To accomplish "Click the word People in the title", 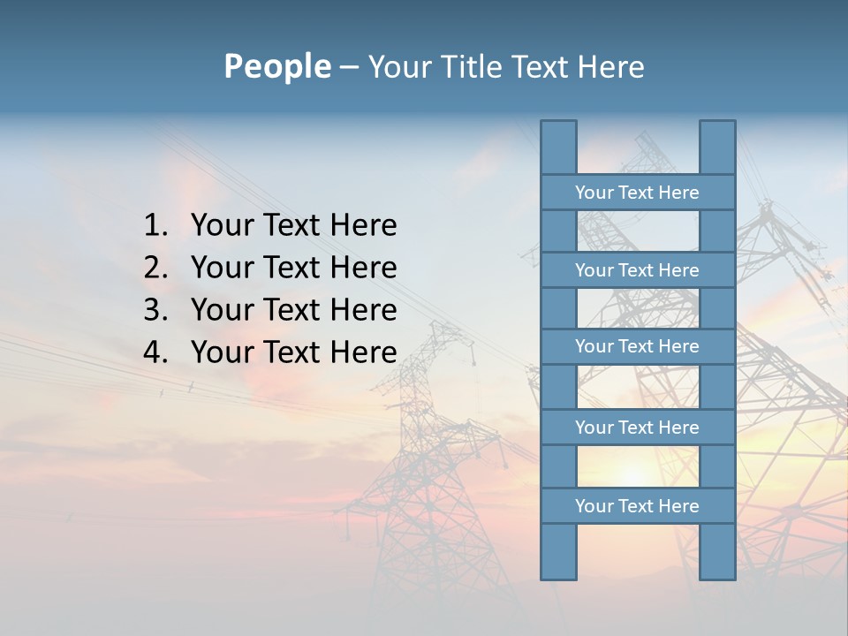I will tap(276, 67).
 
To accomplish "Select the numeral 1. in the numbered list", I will tap(155, 226).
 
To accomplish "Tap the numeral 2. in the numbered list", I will tap(155, 268).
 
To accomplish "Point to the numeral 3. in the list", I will tap(155, 310).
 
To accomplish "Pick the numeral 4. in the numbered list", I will tap(155, 352).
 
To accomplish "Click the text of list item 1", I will tap(293, 226).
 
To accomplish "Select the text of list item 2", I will tap(293, 268).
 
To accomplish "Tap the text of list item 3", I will tap(293, 310).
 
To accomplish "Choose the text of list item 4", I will tap(293, 352).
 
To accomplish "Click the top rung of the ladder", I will tap(637, 193).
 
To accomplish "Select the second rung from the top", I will tap(637, 270).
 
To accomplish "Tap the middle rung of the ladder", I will tap(637, 347).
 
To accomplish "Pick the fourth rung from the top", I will tap(637, 428).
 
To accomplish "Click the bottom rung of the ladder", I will tap(637, 506).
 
